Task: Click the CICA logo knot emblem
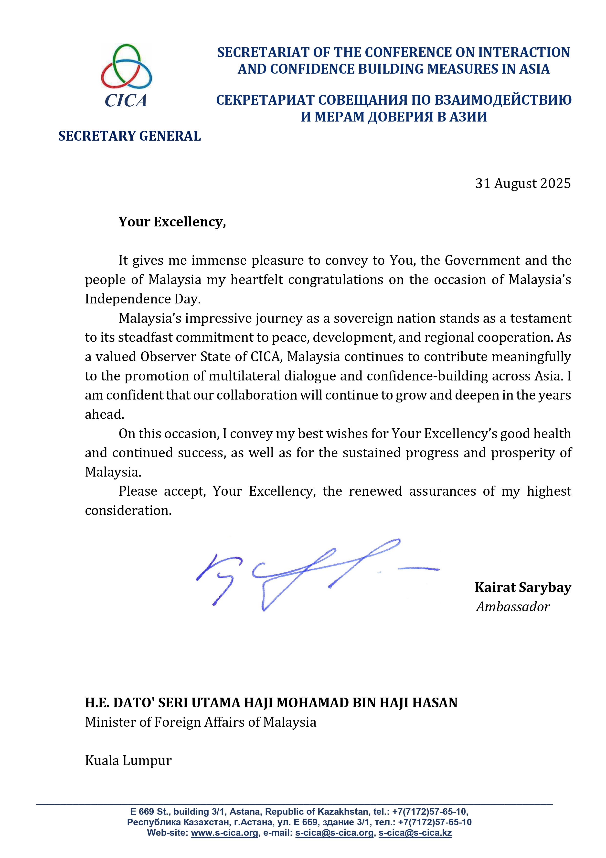[126, 67]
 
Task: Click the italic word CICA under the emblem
[126, 100]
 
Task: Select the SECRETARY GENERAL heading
[129, 136]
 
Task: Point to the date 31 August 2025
[523, 183]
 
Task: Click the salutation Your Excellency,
[172, 222]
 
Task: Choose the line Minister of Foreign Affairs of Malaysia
[201, 722]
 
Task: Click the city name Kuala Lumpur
[128, 760]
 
